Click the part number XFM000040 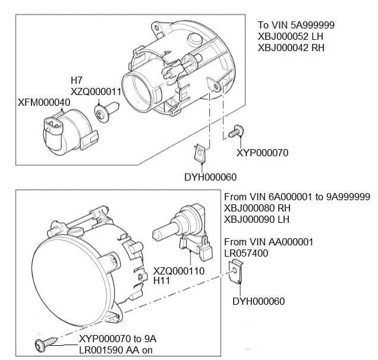point(45,102)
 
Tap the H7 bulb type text point(77,80)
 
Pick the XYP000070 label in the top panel point(262,153)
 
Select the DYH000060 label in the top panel point(210,178)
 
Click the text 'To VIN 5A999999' point(296,25)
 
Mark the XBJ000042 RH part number point(291,48)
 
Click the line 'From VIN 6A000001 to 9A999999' point(297,197)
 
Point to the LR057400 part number point(246,253)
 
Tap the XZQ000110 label point(179,271)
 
